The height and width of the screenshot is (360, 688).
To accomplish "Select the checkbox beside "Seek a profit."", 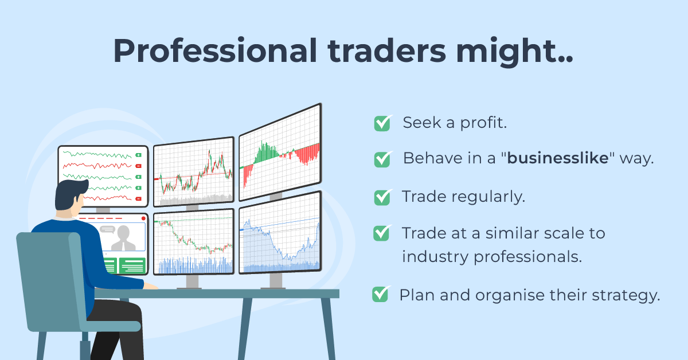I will pyautogui.click(x=382, y=123).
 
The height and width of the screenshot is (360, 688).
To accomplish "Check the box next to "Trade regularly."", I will pyautogui.click(x=382, y=197).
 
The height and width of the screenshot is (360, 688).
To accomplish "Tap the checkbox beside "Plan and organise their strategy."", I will pyautogui.click(x=380, y=295).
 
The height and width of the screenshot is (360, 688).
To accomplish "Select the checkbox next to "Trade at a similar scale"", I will pyautogui.click(x=382, y=233).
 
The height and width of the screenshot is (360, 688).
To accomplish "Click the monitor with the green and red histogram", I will pyautogui.click(x=280, y=152).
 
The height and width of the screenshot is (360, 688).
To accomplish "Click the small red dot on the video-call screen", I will pyautogui.click(x=143, y=218).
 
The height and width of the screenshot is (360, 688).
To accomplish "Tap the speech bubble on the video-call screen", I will pyautogui.click(x=107, y=229).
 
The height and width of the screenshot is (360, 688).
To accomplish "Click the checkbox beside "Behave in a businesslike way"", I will pyautogui.click(x=382, y=159).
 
